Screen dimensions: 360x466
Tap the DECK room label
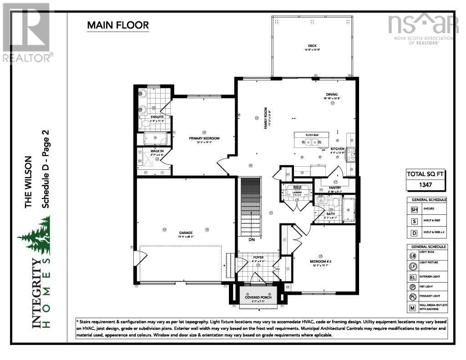pyautogui.click(x=312, y=46)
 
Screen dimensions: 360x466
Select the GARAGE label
pyautogui.click(x=185, y=233)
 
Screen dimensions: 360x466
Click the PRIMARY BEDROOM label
pyautogui.click(x=204, y=138)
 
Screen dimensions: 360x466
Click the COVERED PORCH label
pyautogui.click(x=258, y=297)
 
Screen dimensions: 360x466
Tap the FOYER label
pyautogui.click(x=258, y=257)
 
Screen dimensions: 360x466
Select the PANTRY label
pyautogui.click(x=335, y=188)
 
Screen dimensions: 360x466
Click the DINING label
pyautogui.click(x=332, y=94)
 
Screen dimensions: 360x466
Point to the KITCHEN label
pyautogui.click(x=337, y=149)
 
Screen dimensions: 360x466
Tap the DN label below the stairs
pyautogui.click(x=251, y=239)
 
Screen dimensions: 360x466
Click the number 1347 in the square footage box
pyautogui.click(x=425, y=185)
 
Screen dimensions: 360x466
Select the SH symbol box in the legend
pyautogui.click(x=414, y=209)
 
